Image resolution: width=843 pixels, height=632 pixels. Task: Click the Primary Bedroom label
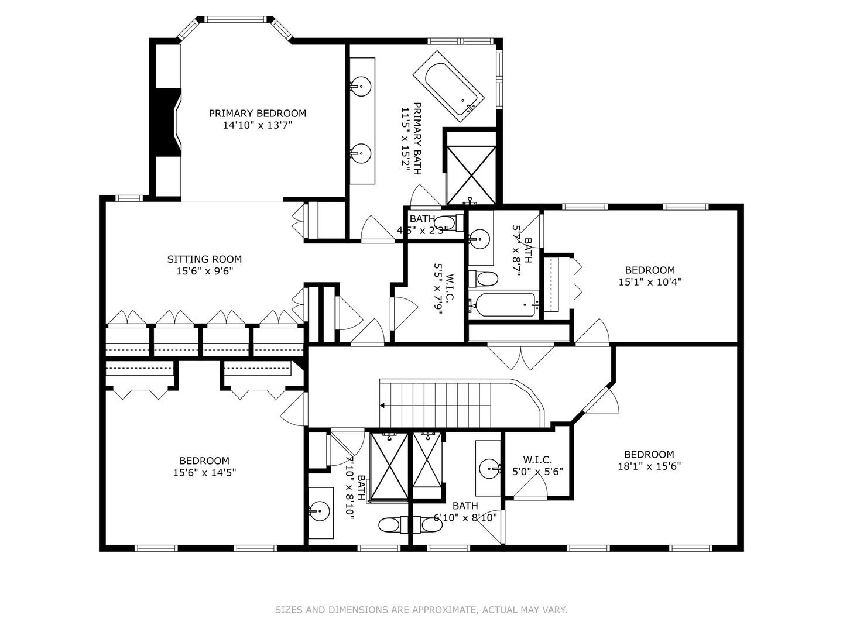point(258,114)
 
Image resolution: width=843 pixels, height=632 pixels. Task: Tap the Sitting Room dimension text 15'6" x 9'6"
point(204,271)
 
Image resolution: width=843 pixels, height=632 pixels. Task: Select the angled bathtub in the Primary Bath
point(448,85)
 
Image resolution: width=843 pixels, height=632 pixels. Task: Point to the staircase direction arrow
point(383,405)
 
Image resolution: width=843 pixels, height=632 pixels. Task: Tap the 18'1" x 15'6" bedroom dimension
point(649,466)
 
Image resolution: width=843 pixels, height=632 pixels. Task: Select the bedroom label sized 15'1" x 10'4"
point(650,270)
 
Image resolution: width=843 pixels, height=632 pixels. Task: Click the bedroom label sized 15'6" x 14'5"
point(204,461)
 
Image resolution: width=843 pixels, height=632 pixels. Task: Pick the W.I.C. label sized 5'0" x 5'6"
point(537,460)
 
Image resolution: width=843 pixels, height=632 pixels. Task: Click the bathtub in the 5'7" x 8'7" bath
point(505,304)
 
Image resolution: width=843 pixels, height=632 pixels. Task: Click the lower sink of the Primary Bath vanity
point(361,154)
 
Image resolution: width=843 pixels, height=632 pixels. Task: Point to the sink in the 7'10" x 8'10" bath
point(320,510)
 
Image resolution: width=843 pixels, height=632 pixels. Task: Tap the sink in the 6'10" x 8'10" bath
point(489,468)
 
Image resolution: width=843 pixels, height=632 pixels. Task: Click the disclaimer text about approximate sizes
point(421,610)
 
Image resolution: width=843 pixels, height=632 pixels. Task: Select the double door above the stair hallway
point(520,356)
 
